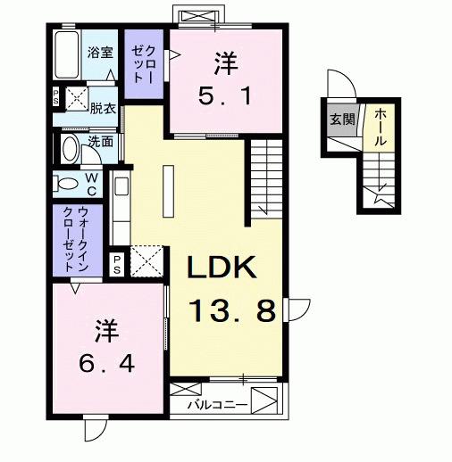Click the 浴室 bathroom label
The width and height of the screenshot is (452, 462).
click(100, 53)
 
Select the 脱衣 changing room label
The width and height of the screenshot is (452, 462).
click(103, 108)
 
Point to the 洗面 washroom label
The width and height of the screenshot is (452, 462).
click(101, 141)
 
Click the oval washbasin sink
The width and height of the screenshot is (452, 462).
click(70, 146)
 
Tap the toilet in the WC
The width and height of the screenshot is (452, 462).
click(68, 186)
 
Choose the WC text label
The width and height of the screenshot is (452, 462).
click(93, 185)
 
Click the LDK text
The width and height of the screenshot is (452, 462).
click(222, 268)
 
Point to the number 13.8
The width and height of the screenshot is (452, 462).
click(231, 311)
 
